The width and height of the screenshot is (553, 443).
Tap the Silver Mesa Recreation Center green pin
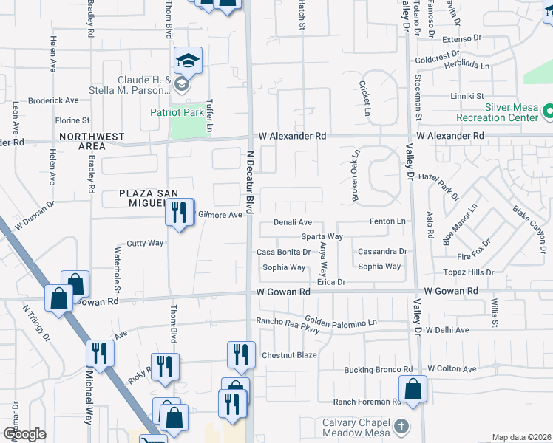coord(548,112)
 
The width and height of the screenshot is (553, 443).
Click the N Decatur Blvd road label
coord(249,184)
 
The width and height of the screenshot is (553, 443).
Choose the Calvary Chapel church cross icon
coord(401,425)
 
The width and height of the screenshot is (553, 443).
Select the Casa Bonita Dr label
coord(282,252)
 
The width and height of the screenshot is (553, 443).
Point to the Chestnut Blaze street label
coord(289,355)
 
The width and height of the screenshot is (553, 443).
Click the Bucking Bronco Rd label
coord(378,369)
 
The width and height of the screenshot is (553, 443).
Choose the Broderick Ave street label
coord(53,100)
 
